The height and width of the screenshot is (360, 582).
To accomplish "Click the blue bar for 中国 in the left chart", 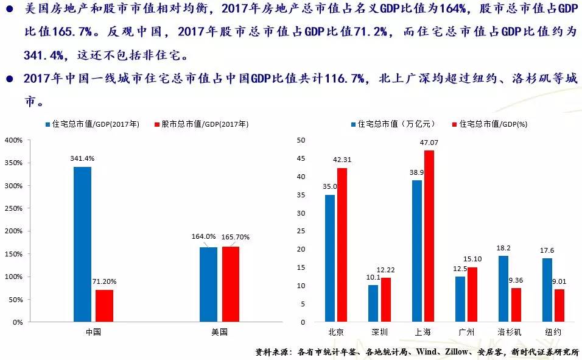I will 82,244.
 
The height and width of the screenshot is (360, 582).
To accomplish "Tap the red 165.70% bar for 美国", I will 231,284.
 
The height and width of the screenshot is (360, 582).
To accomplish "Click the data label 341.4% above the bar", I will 82,158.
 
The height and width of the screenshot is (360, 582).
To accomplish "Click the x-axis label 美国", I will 219,332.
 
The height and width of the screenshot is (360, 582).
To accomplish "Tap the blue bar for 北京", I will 330,258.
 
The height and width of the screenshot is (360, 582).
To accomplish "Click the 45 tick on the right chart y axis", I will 301,158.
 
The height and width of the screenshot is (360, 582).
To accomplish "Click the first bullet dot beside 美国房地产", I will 9,10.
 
